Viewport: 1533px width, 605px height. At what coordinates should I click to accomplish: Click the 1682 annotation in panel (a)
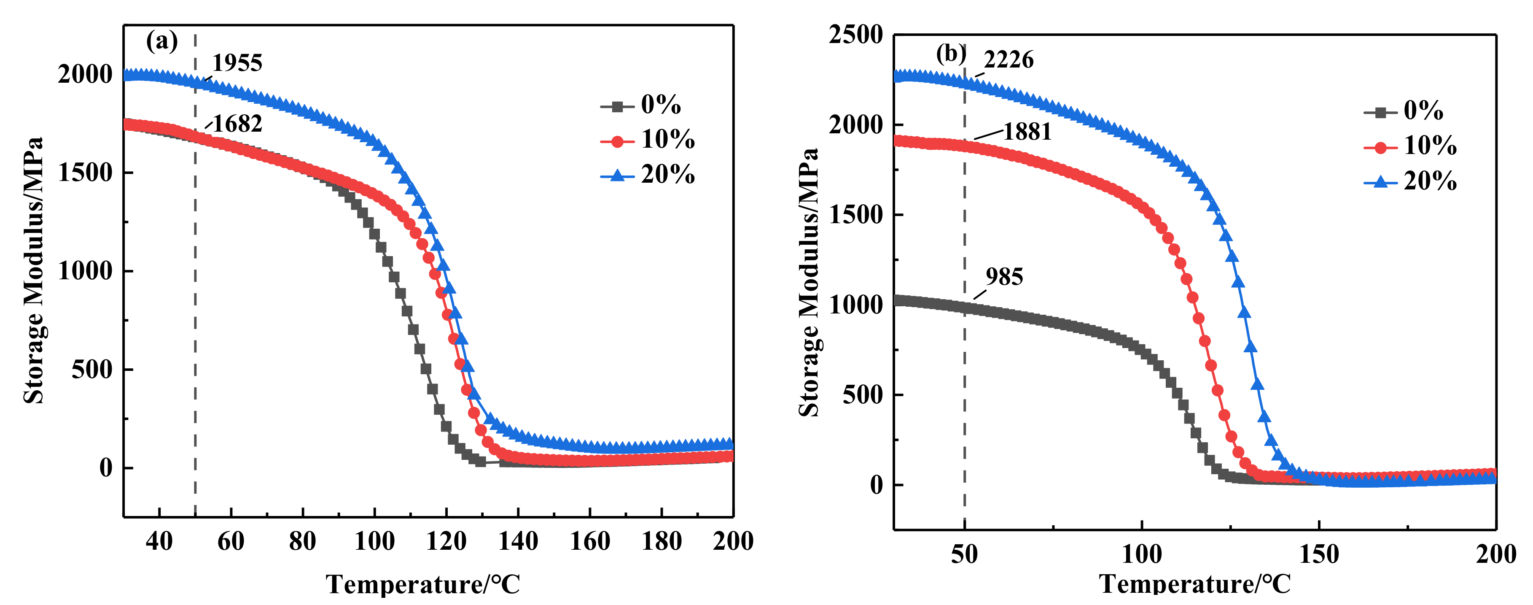coord(237,124)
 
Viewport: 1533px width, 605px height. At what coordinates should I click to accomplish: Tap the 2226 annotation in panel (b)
coord(1009,59)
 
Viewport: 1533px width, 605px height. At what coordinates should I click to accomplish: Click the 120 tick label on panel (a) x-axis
coord(446,541)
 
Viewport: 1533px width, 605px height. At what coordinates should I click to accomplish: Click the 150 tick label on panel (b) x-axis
coord(1319,554)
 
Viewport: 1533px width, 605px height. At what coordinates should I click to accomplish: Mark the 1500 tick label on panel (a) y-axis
coord(85,173)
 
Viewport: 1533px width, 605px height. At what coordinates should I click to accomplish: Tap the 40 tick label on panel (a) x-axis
coord(159,541)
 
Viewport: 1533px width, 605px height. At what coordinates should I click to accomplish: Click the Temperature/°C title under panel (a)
coord(422,584)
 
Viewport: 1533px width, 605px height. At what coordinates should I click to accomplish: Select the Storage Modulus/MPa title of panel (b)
coord(808,283)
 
